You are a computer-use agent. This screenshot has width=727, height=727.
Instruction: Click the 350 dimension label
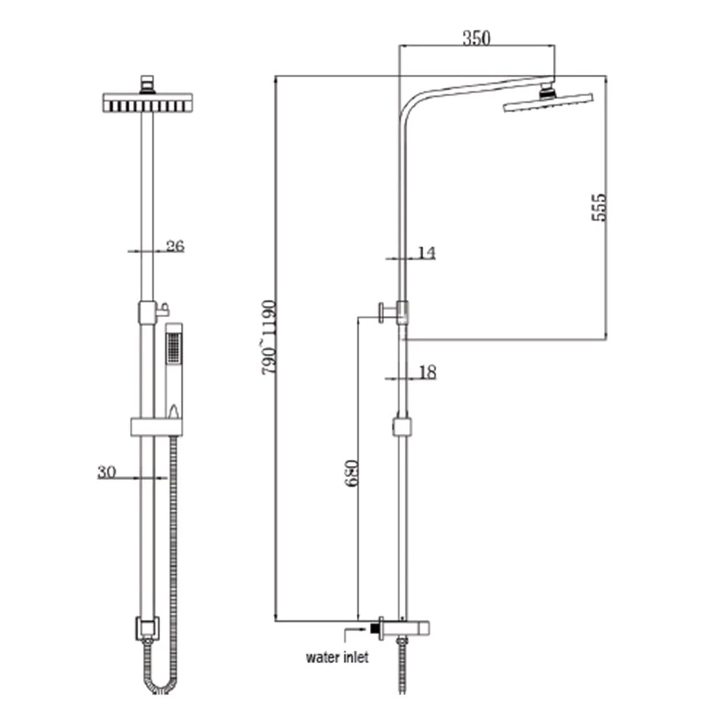(x=476, y=38)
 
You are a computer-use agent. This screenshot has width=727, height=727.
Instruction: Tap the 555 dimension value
(x=599, y=208)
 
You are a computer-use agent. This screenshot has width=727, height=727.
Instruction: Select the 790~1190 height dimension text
(x=269, y=337)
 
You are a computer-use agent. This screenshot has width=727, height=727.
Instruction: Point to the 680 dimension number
(x=351, y=473)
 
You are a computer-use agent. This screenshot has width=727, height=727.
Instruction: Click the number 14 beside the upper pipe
(x=427, y=253)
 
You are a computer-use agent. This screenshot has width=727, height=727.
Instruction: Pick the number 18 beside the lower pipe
(x=427, y=371)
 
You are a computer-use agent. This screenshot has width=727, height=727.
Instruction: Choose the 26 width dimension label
(x=175, y=246)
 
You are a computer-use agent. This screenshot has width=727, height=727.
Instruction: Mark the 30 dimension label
(x=107, y=472)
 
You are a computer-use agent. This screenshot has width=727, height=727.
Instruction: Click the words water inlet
(x=337, y=657)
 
